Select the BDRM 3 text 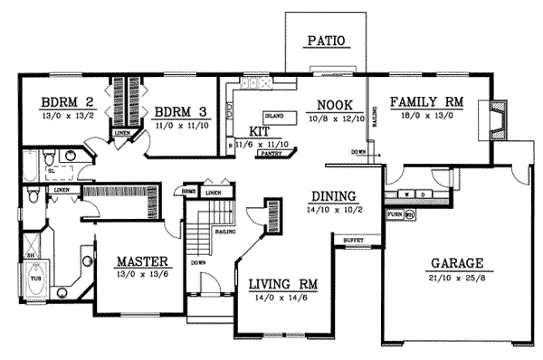(182, 112)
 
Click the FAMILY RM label (424, 102)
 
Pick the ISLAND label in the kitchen (275, 117)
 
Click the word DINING (333, 196)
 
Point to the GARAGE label (456, 263)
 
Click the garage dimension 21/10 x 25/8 (456, 278)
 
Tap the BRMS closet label (189, 194)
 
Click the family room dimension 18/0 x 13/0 (424, 116)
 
